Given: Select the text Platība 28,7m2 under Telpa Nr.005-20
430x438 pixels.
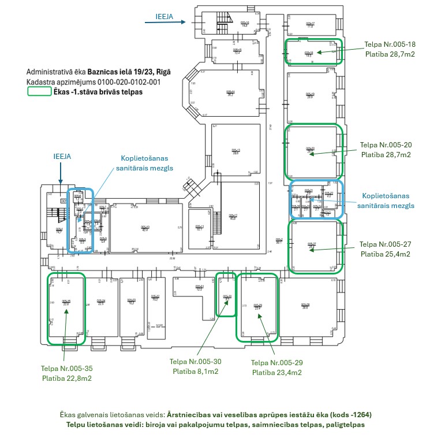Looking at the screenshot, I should (x=386, y=155).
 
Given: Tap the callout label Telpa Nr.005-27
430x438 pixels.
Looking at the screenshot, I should (x=385, y=244).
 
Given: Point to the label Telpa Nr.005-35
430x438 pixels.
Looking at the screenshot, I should (x=66, y=368).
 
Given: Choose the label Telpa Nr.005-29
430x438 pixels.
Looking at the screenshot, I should (x=277, y=362).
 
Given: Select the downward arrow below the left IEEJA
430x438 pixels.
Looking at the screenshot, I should (x=60, y=172).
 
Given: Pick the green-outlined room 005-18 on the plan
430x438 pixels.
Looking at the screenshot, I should (x=313, y=51).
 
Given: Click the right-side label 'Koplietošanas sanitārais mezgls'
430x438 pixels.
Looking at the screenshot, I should (x=386, y=201).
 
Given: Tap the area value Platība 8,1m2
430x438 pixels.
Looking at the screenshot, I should (x=195, y=372).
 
